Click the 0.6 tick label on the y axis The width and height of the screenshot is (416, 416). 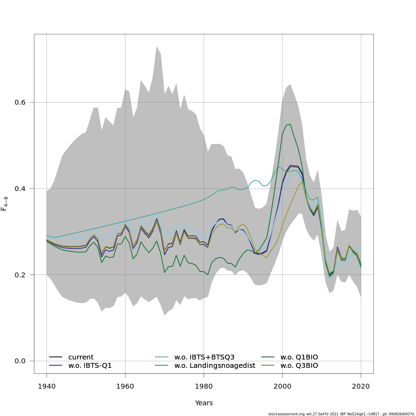(20, 103)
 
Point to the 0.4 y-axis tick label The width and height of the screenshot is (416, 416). (20, 189)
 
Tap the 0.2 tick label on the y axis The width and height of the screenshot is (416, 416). (20, 275)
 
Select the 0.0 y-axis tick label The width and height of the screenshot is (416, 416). (20, 361)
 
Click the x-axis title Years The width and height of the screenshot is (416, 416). (204, 403)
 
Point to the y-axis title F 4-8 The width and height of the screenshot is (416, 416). (5, 204)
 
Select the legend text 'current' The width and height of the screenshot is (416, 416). (81, 357)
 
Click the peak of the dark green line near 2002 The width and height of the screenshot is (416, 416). (290, 124)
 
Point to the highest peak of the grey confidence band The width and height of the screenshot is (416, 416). (157, 47)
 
